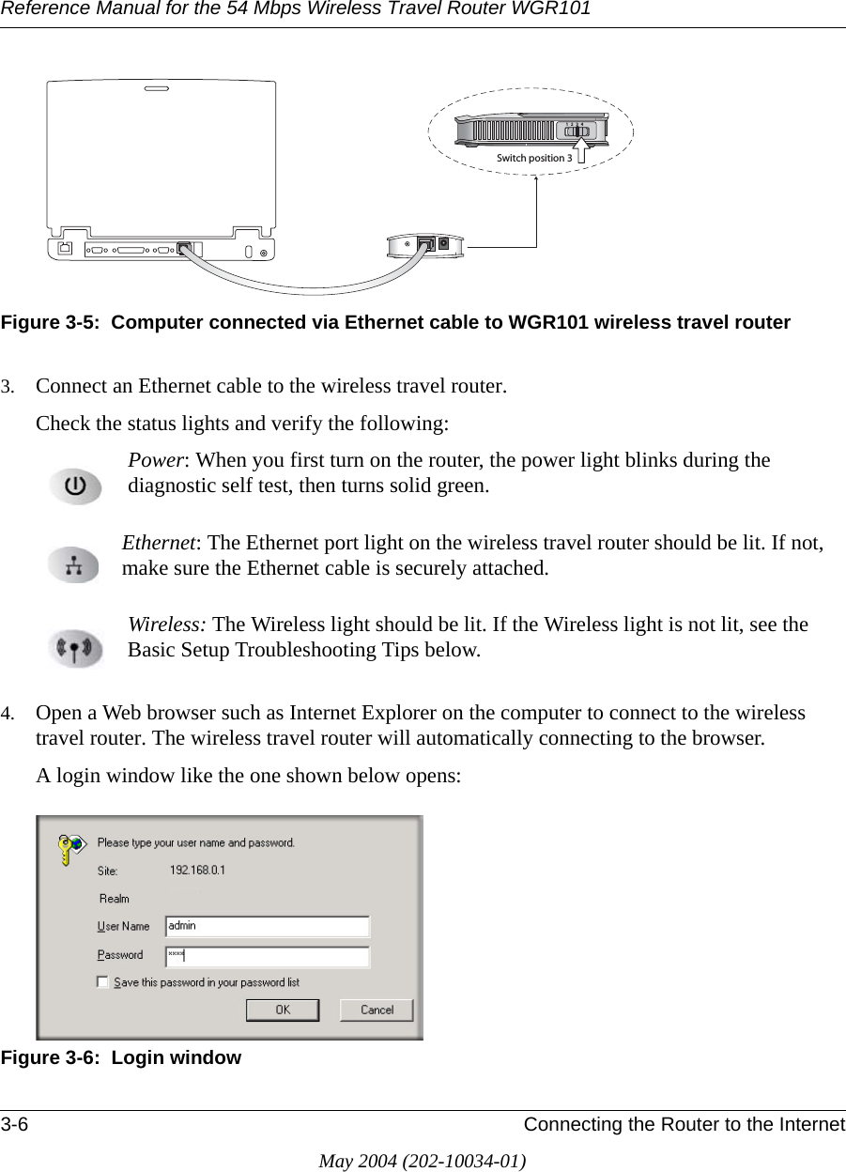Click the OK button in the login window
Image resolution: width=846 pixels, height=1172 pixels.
point(282,1010)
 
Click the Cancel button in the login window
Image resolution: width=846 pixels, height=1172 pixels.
point(376,1010)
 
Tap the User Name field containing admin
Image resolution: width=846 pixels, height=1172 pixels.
point(268,927)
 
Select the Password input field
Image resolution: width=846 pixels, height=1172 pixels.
point(268,956)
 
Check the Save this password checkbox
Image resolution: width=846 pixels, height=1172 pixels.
point(102,982)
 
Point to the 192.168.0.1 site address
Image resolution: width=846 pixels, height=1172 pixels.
point(197,871)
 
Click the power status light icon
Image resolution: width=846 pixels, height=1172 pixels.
point(75,487)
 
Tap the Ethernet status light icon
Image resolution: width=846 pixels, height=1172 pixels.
point(74,566)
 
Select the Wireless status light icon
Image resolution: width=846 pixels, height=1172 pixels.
point(75,648)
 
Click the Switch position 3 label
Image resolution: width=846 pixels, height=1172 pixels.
point(533,158)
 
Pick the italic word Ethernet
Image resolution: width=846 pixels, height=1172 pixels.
point(159,543)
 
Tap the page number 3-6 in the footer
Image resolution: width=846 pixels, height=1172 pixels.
point(14,1125)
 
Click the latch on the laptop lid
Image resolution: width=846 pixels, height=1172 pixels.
point(158,91)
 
